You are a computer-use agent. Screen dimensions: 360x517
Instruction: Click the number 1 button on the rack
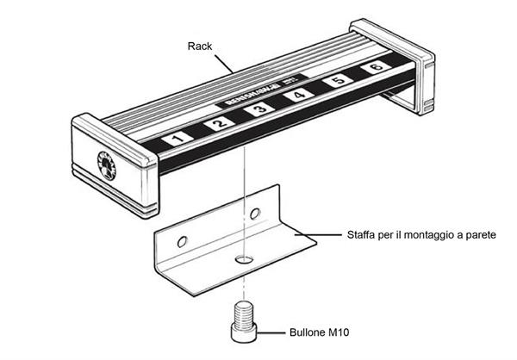pyautogui.click(x=176, y=138)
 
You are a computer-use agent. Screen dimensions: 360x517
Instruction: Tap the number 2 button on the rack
pyautogui.click(x=218, y=124)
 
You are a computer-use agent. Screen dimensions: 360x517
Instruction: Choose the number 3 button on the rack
pyautogui.click(x=258, y=110)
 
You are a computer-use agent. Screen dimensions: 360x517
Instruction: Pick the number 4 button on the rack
pyautogui.click(x=297, y=96)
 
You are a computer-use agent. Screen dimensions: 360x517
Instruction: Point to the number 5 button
pyautogui.click(x=337, y=82)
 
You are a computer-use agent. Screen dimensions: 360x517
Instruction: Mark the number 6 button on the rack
pyautogui.click(x=375, y=68)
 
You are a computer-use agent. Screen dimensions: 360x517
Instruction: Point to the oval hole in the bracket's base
pyautogui.click(x=246, y=258)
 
